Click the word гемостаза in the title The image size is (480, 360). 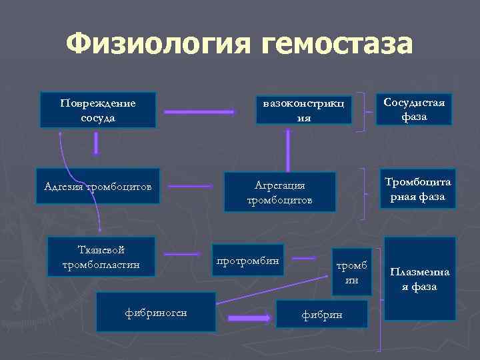click(x=337, y=45)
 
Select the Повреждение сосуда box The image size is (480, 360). click(x=98, y=110)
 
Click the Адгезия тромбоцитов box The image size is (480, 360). click(x=98, y=185)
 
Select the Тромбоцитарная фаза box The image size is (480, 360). click(x=417, y=189)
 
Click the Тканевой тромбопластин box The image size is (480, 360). click(x=98, y=257)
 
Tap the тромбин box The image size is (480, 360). click(x=351, y=273)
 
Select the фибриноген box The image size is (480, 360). click(x=156, y=311)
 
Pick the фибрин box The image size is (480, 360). click(x=323, y=313)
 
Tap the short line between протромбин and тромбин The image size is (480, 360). click(x=304, y=257)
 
